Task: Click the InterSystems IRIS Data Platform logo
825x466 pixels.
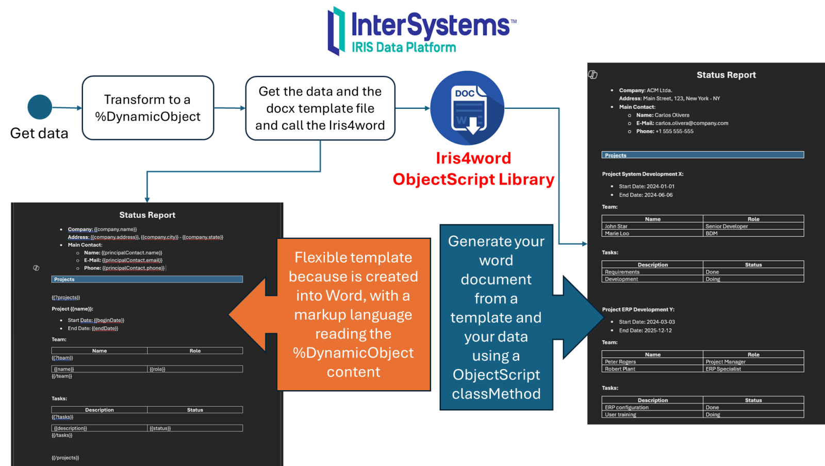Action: coord(422,31)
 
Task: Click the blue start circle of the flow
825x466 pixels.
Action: coord(40,107)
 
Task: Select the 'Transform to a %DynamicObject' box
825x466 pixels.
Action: coord(147,108)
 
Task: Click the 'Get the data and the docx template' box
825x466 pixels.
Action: coord(320,108)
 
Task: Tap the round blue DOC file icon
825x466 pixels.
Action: coord(467,108)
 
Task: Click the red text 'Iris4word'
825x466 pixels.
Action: coord(473,158)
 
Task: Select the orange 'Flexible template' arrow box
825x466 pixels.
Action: coord(353,314)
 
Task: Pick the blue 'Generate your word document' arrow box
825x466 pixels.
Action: coord(496,317)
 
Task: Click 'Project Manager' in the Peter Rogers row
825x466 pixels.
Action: coord(725,362)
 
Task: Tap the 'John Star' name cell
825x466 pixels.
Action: coord(616,226)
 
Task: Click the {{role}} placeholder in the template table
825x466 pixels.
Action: coord(157,369)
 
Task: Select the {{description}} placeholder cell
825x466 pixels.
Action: coord(71,428)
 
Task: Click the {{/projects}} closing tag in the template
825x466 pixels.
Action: coord(65,458)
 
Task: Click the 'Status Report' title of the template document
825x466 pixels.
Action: coord(147,215)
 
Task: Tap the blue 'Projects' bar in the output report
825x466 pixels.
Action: coord(702,155)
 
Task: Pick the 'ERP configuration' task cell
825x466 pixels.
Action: coord(626,407)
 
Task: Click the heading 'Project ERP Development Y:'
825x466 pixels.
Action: coord(638,310)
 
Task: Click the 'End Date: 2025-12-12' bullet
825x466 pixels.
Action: coord(645,330)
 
